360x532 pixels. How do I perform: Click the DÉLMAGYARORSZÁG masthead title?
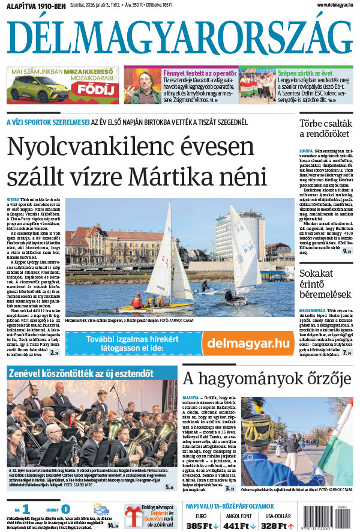180,39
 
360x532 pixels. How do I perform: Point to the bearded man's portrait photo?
142,85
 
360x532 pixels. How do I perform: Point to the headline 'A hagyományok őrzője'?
266,379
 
